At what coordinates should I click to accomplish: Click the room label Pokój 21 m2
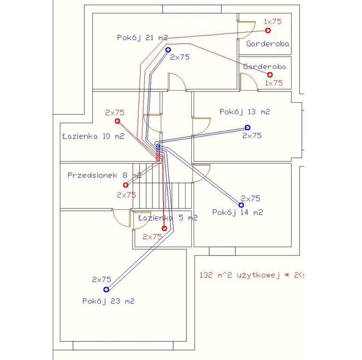pyautogui.click(x=142, y=37)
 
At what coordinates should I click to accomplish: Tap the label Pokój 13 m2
pyautogui.click(x=245, y=112)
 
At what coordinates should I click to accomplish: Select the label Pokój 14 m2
pyautogui.click(x=237, y=212)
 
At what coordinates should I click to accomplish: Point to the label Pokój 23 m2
pyautogui.click(x=108, y=301)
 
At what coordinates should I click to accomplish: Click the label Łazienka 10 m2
pyautogui.click(x=93, y=136)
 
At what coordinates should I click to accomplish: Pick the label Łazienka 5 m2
pyautogui.click(x=168, y=218)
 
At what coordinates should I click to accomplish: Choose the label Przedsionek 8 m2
pyautogui.click(x=105, y=175)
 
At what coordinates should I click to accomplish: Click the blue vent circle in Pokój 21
pyautogui.click(x=168, y=49)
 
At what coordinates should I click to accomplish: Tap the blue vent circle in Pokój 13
pyautogui.click(x=247, y=127)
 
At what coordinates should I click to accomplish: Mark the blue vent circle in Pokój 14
pyautogui.click(x=241, y=205)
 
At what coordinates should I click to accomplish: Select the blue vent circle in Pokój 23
pyautogui.click(x=106, y=289)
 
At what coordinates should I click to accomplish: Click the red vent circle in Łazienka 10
pyautogui.click(x=117, y=121)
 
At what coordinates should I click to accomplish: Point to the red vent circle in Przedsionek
pyautogui.click(x=126, y=185)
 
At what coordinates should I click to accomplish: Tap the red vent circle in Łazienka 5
pyautogui.click(x=164, y=228)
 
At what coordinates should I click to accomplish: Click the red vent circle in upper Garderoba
pyautogui.click(x=268, y=30)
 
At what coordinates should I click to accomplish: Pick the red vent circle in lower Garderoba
pyautogui.click(x=270, y=74)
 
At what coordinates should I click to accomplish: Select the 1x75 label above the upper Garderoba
pyautogui.click(x=272, y=21)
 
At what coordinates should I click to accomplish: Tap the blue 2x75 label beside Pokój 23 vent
pyautogui.click(x=102, y=279)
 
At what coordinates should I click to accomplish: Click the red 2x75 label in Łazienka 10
pyautogui.click(x=115, y=113)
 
